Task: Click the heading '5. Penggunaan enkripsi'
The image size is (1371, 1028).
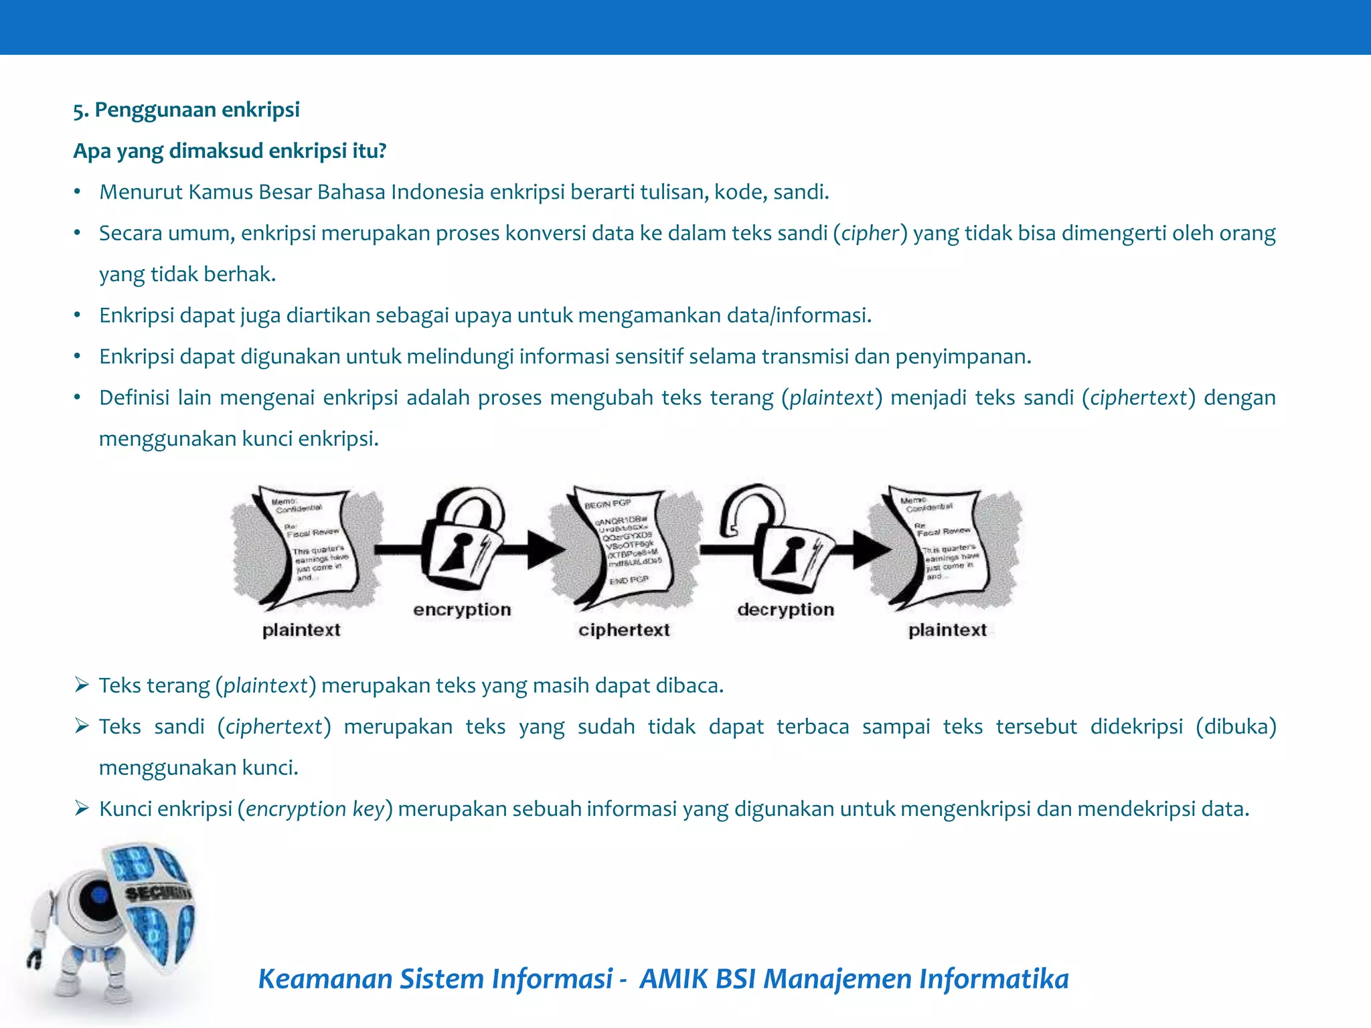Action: coord(186,110)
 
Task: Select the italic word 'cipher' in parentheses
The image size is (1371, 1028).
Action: coord(870,233)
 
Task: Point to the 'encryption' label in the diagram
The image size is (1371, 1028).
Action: coord(462,610)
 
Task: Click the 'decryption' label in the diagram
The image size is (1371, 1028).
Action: coord(785,610)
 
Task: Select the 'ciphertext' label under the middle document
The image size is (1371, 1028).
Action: coord(624,630)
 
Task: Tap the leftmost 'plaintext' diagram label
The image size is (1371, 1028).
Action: coord(301,630)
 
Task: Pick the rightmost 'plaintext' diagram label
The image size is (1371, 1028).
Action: coord(947,630)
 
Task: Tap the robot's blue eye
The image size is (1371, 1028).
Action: coord(98,894)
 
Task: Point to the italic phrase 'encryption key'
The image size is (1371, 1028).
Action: coord(315,809)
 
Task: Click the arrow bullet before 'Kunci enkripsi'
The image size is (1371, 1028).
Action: coord(82,808)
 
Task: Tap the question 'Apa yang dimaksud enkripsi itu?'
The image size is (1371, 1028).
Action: coord(230,151)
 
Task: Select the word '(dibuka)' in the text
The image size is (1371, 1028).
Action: coord(1236,726)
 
